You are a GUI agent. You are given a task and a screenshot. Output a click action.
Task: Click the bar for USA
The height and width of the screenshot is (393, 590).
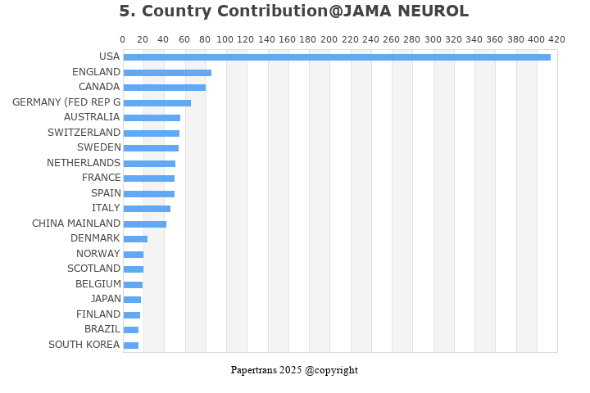coord(336,57)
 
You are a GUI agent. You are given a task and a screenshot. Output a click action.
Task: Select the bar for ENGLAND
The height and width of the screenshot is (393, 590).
coord(167,73)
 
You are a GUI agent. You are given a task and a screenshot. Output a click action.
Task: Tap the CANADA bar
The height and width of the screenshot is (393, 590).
coord(164,88)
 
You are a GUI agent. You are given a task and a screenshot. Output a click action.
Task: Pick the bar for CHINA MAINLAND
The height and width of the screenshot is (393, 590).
coord(144,224)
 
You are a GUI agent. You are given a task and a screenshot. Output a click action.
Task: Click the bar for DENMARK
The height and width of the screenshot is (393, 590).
coord(135,239)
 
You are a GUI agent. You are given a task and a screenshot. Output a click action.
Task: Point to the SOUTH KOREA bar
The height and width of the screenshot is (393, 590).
coord(130,346)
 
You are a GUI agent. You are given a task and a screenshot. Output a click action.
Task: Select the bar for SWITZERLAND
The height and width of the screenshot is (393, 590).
coord(151,133)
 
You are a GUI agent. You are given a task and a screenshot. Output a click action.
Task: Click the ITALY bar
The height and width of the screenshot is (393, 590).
coord(147,209)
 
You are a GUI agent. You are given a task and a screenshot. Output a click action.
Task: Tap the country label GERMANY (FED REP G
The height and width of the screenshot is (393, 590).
coord(66,102)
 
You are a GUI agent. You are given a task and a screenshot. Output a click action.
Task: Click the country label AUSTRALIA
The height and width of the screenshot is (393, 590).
coord(92,117)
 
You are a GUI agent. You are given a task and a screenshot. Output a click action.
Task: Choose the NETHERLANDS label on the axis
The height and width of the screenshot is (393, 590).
coord(84,163)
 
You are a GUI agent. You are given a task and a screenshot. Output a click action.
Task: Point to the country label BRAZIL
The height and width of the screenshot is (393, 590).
coord(102,329)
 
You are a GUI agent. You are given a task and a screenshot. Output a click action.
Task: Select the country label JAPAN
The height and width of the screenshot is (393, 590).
coord(106,299)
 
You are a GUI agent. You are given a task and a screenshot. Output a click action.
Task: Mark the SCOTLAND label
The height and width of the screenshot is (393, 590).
coord(94,269)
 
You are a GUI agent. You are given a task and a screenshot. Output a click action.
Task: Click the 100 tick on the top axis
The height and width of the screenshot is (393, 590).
coord(226,39)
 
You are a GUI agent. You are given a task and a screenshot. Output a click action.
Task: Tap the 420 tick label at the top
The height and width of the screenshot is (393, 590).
coord(557,39)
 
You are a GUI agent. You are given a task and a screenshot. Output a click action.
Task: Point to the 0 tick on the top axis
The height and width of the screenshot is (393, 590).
coord(123,39)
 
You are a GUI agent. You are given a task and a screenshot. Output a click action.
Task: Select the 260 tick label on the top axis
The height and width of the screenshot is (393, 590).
coord(392,39)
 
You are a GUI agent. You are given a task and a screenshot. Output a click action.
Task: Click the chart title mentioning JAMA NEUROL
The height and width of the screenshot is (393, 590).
coord(294,11)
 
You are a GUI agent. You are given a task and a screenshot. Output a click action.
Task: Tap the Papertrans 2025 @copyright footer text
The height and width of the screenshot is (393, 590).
coord(294,370)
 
